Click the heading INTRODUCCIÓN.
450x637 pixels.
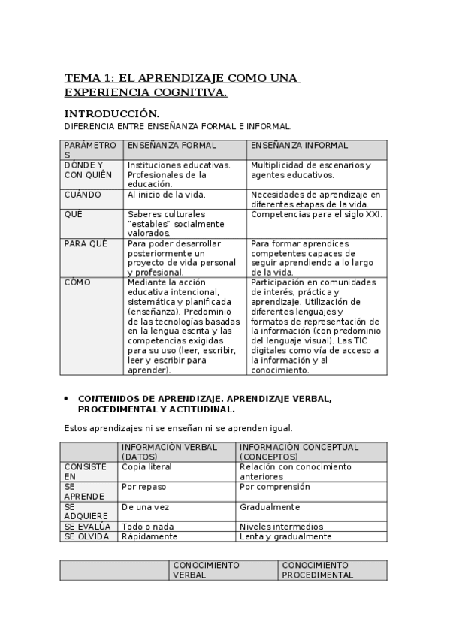pyautogui.click(x=112, y=113)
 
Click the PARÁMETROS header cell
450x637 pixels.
pyautogui.click(x=90, y=149)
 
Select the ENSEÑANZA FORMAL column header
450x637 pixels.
pyautogui.click(x=172, y=146)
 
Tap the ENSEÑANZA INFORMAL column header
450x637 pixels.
pyautogui.click(x=299, y=146)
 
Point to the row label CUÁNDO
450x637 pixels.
pyautogui.click(x=83, y=195)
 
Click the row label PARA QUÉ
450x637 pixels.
pyautogui.click(x=86, y=243)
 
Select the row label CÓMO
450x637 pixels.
pyautogui.click(x=77, y=282)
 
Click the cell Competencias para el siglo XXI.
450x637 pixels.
pyautogui.click(x=316, y=214)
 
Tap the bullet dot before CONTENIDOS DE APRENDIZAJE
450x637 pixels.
pyautogui.click(x=67, y=399)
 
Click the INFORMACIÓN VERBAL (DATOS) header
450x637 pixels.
pyautogui.click(x=170, y=451)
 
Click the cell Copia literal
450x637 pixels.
pyautogui.click(x=146, y=466)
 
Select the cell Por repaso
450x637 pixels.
pyautogui.click(x=139, y=487)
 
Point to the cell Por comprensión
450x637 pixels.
pyautogui.click(x=274, y=487)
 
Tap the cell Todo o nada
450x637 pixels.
pyautogui.click(x=143, y=527)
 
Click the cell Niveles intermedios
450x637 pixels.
pyautogui.click(x=281, y=527)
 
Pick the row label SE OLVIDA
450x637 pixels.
pyautogui.click(x=87, y=536)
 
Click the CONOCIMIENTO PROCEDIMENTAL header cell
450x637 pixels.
pyautogui.click(x=318, y=570)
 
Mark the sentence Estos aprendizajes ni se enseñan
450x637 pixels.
pyautogui.click(x=178, y=428)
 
